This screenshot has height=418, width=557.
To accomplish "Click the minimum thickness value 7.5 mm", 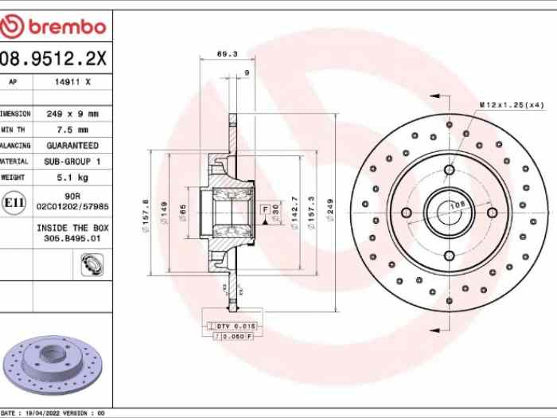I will pos(72,130).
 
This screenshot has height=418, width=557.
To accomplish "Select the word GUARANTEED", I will pos(72,146).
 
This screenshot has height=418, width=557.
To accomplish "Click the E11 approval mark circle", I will pos(14,203).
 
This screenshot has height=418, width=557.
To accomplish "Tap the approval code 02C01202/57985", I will pos(72,206).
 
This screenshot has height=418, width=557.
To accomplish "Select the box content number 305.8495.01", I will pos(72,237).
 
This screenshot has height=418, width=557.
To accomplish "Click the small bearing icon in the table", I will pos(90,265).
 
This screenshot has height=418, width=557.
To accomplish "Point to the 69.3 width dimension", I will pos(227,54).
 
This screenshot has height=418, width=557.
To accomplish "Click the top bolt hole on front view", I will pos(449,170).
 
